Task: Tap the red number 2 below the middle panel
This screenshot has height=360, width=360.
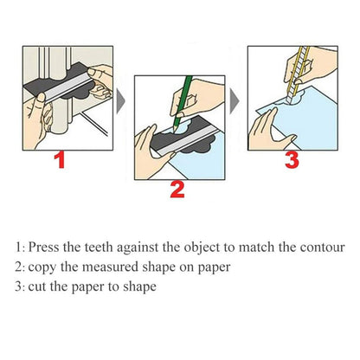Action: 177,189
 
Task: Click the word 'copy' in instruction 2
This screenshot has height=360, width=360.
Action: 45,267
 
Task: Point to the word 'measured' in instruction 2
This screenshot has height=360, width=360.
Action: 119,267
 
